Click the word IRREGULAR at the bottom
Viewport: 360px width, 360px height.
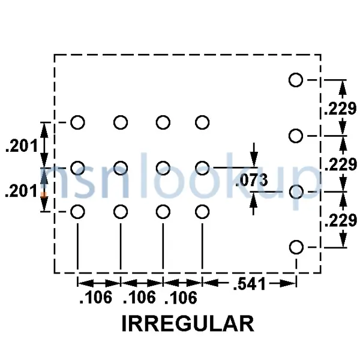pos(188,323)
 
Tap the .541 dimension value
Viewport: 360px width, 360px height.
pos(250,284)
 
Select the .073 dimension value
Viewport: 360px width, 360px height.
pos(251,180)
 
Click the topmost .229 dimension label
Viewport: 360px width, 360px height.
pos(340,109)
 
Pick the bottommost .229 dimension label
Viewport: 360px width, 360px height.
pos(341,220)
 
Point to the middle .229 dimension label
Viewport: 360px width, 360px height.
pos(341,164)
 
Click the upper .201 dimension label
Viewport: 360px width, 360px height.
pos(22,146)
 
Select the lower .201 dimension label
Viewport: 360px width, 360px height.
pos(20,191)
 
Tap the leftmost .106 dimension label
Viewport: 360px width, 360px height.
pos(95,298)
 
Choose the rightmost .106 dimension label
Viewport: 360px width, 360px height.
pos(181,298)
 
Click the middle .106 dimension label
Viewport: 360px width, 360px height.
pos(139,298)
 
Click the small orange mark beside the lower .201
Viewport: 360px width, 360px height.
pos(43,194)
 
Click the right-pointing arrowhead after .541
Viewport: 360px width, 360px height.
pos(287,284)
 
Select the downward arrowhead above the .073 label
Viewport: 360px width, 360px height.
pos(254,158)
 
